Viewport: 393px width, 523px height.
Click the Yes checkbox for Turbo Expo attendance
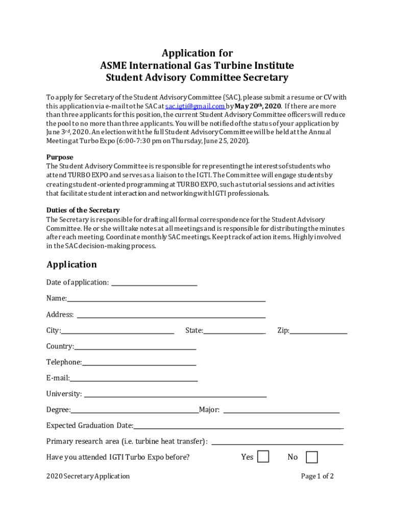pyautogui.click(x=263, y=457)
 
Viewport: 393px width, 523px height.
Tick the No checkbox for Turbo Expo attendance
pyautogui.click(x=311, y=457)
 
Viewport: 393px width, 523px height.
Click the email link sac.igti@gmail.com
pyautogui.click(x=195, y=106)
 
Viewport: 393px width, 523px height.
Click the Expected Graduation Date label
pyautogui.click(x=90, y=426)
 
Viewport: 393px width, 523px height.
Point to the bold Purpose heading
pyautogui.click(x=60, y=157)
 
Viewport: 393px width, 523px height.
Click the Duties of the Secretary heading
pyautogui.click(x=83, y=210)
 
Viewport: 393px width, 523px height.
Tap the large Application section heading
pyautogui.click(x=71, y=265)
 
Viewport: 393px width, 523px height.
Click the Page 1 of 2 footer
pyautogui.click(x=317, y=477)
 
